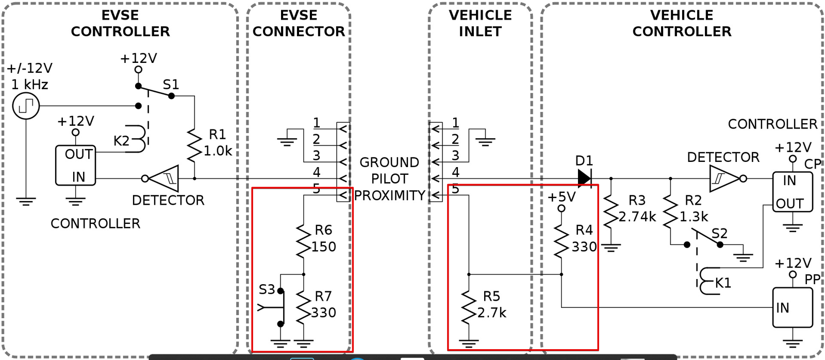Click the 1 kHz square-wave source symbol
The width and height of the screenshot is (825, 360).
click(x=26, y=106)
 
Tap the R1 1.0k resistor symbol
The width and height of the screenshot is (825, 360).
click(x=194, y=145)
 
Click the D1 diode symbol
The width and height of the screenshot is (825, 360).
click(x=585, y=178)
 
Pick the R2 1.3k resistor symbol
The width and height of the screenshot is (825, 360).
click(x=670, y=212)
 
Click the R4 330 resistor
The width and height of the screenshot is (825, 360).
click(x=562, y=241)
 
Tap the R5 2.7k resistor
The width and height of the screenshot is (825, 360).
click(x=469, y=308)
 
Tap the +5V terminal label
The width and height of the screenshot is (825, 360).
click(x=562, y=198)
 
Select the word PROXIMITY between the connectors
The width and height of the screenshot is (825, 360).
click(x=390, y=195)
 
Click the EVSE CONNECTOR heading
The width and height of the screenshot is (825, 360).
click(x=299, y=23)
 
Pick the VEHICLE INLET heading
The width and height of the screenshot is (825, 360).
click(x=480, y=23)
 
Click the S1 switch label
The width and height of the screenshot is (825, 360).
click(x=171, y=85)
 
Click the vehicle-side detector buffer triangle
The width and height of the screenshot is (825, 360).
click(x=724, y=178)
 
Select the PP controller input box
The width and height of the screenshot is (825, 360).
click(x=793, y=308)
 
